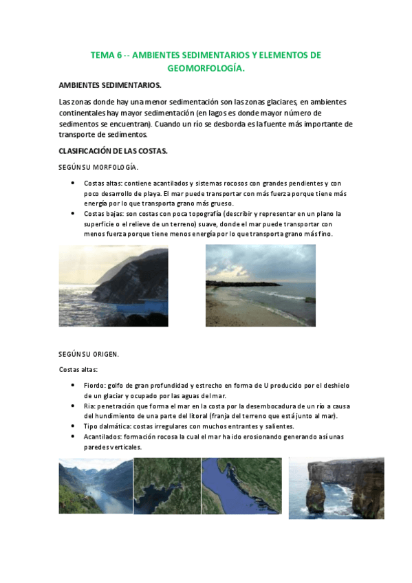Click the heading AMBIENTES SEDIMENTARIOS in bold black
click(x=111, y=85)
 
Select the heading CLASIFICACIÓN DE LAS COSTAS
click(x=113, y=151)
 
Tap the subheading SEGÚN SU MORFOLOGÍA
click(x=98, y=167)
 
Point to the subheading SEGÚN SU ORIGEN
click(x=89, y=354)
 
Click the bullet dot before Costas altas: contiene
click(x=73, y=184)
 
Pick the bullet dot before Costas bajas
click(x=73, y=214)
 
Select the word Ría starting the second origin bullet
click(x=89, y=406)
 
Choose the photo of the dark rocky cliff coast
click(x=113, y=285)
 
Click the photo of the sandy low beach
click(x=261, y=285)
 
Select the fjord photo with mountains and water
click(x=96, y=486)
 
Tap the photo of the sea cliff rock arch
click(x=336, y=488)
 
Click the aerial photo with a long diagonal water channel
click(x=241, y=486)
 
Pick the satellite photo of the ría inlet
click(x=167, y=486)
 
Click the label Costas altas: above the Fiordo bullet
click(x=78, y=370)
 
